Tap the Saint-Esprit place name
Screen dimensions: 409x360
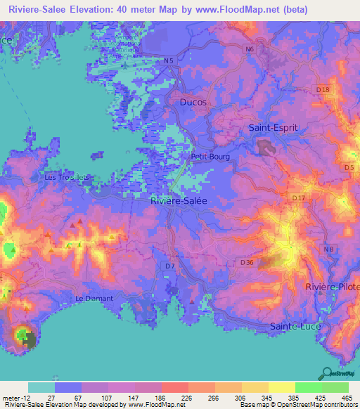(x=274, y=128)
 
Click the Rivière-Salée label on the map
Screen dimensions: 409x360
(x=179, y=200)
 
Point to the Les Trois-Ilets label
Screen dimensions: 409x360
(x=67, y=177)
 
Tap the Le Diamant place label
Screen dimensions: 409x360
(x=94, y=299)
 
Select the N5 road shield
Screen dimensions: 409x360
(x=168, y=61)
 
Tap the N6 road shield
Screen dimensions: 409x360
(x=249, y=49)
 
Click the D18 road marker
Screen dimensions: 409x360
(x=323, y=90)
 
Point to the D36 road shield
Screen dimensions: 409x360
(x=246, y=262)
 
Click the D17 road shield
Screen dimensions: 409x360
(x=300, y=199)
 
